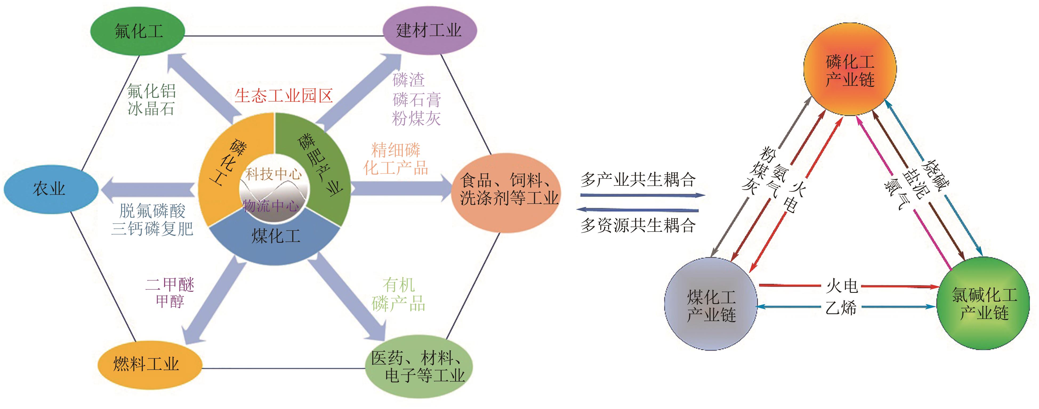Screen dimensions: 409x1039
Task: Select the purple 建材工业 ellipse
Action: coord(429,31)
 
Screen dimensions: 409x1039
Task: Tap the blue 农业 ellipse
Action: coord(50,189)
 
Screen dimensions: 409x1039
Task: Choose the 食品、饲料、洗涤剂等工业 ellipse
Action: coord(508,189)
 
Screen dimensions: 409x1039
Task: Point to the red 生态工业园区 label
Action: coord(284,96)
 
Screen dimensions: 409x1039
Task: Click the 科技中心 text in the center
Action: coord(273,174)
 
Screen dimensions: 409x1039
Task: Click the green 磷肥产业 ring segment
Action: coord(323,165)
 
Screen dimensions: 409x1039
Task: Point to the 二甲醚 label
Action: coord(170,285)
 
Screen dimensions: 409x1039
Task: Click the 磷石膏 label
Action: coord(416,99)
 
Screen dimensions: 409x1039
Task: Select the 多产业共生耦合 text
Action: coord(638,180)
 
